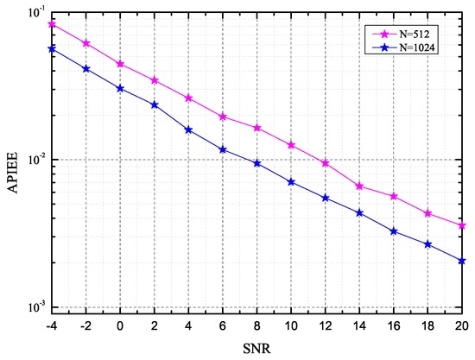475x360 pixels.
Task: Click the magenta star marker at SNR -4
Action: tap(52, 24)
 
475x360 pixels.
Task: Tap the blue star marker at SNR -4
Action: tap(52, 49)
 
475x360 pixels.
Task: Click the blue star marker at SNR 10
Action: tap(291, 182)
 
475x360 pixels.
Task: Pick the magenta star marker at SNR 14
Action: tap(359, 186)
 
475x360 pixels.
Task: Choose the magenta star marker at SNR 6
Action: tap(223, 117)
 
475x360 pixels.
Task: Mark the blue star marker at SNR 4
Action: tap(188, 130)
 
